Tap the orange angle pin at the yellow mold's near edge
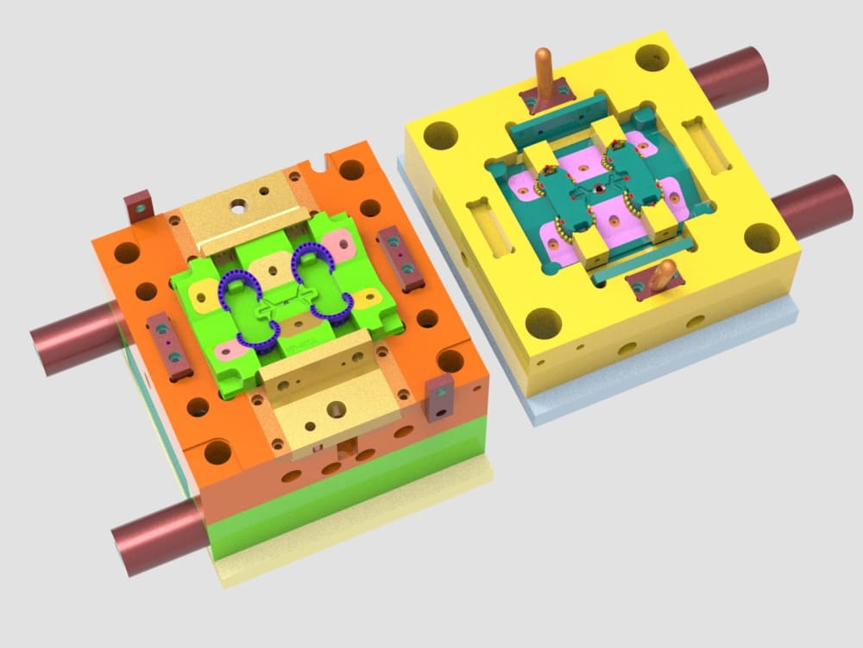click(662, 278)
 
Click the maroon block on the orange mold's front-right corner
click(439, 398)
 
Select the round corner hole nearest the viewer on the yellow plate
click(543, 323)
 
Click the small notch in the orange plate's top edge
click(325, 161)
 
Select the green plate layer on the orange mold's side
click(345, 501)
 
